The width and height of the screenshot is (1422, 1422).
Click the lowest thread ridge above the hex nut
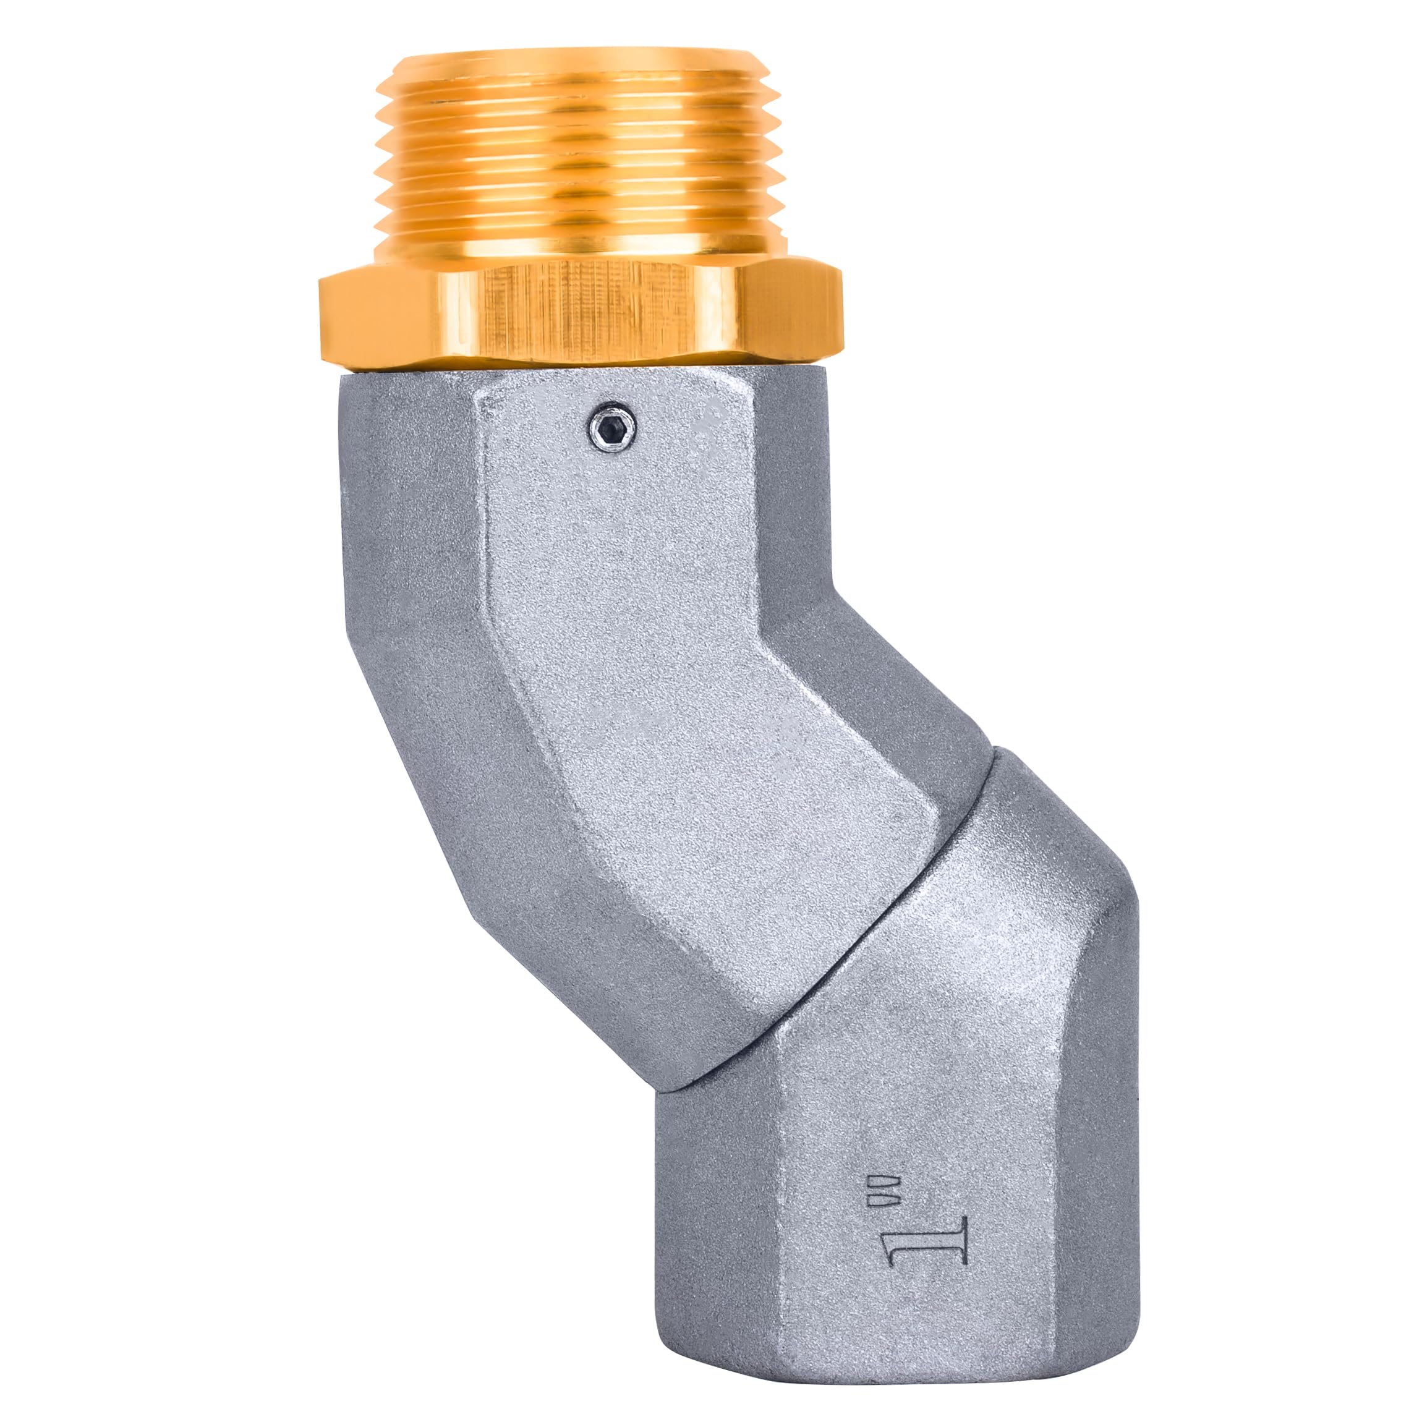point(581,247)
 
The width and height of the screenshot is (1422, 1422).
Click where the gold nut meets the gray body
point(581,372)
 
